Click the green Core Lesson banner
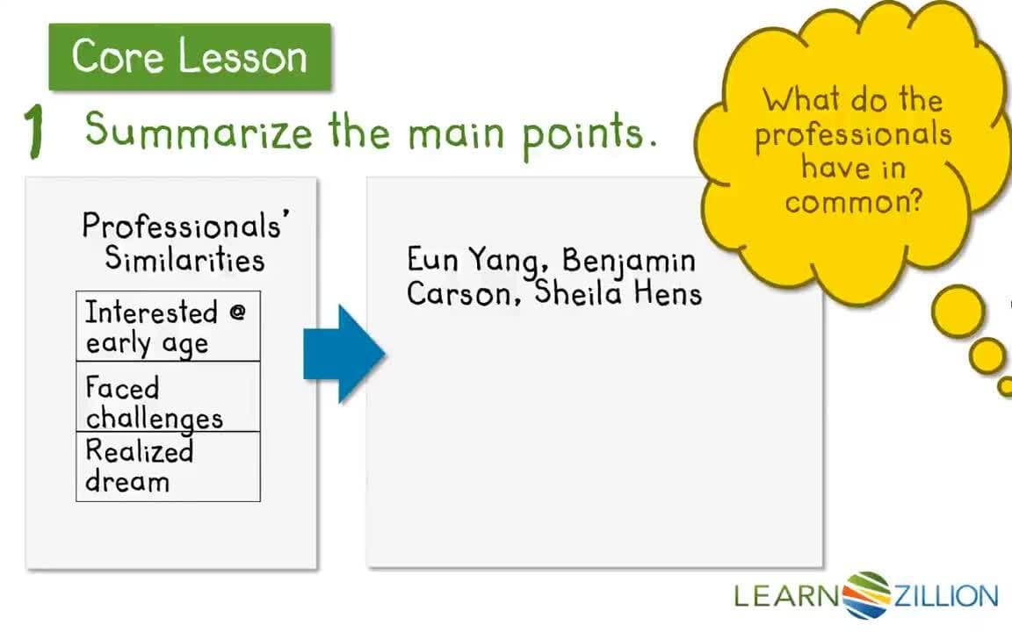click(x=190, y=57)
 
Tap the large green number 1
click(x=35, y=132)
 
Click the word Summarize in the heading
click(x=199, y=132)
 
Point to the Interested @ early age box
click(x=168, y=327)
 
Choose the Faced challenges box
click(x=168, y=397)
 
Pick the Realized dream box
click(x=168, y=466)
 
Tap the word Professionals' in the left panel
click(x=185, y=226)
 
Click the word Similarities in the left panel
click(x=185, y=259)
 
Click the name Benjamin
click(x=629, y=262)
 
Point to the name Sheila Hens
click(x=618, y=292)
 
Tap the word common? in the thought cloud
click(x=854, y=201)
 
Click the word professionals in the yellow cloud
click(x=854, y=134)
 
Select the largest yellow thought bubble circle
click(x=958, y=312)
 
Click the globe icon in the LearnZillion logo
click(x=866, y=596)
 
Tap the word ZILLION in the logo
click(x=945, y=597)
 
